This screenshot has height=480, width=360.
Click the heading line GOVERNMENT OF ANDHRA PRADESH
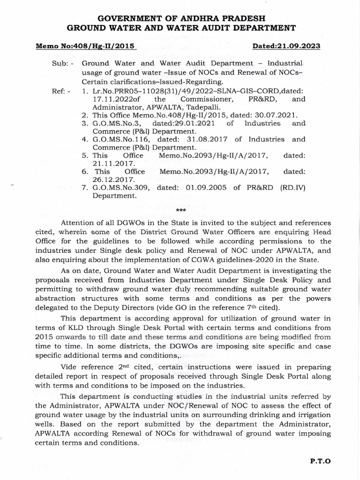click(180, 18)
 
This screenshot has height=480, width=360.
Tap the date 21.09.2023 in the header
click(307, 47)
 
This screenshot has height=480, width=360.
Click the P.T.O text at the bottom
click(320, 461)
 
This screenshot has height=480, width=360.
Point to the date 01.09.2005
click(203, 188)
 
